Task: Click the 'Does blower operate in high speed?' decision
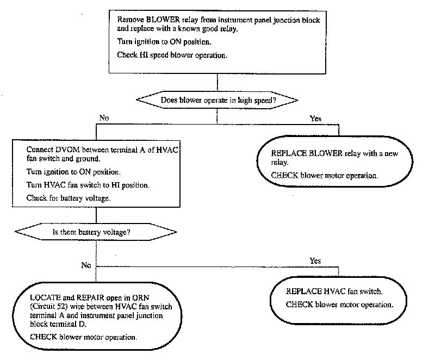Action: (217, 100)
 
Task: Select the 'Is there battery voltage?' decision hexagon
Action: (96, 232)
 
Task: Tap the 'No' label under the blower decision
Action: (104, 118)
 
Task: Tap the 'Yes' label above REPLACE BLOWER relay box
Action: (315, 119)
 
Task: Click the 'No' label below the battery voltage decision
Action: (86, 265)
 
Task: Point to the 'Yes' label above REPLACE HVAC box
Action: (315, 260)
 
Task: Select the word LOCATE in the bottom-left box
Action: (45, 298)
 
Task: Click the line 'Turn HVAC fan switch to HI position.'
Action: (88, 185)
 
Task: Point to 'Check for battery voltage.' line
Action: (69, 198)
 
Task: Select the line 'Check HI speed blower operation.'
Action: (172, 55)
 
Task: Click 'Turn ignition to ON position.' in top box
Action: (164, 42)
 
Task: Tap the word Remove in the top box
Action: (130, 20)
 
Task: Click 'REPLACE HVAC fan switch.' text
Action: (334, 291)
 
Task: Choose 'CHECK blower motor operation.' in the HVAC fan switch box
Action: (339, 305)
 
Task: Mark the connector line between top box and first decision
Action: (217, 82)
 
